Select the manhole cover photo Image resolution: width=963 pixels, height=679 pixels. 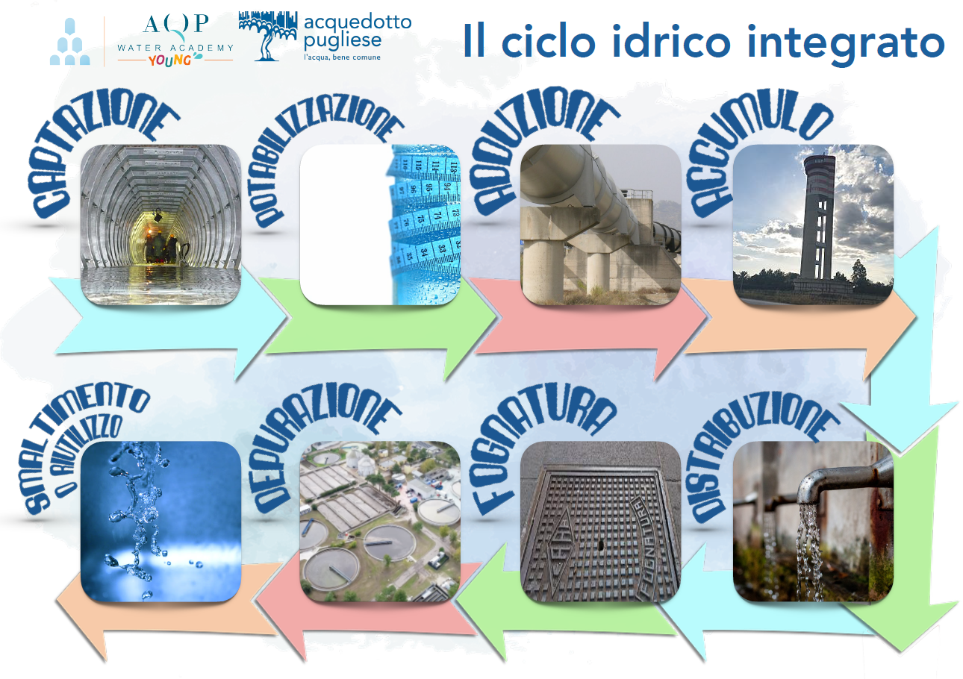(601, 522)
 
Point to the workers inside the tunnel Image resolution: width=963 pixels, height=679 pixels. (161, 247)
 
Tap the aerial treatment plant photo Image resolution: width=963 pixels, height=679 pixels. (380, 522)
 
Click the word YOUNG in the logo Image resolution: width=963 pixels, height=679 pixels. (170, 60)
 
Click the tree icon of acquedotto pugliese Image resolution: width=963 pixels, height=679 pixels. (268, 36)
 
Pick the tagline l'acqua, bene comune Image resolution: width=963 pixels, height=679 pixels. (342, 57)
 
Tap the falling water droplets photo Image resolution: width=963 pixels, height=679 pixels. (160, 522)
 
